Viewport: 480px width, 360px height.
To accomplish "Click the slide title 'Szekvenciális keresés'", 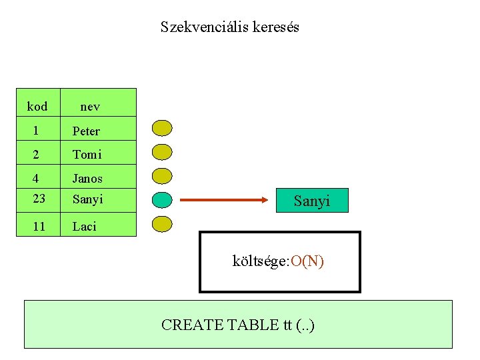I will click(230, 27).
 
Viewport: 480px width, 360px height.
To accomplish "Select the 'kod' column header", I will click(37, 106).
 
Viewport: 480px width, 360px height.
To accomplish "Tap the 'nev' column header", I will click(90, 106).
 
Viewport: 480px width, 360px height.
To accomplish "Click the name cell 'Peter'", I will click(86, 131).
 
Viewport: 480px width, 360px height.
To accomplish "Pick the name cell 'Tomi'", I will click(87, 155).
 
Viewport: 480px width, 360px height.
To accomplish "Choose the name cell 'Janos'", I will click(87, 179).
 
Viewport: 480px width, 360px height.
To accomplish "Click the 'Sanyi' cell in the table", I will click(87, 199).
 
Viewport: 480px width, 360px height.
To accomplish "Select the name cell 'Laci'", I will click(85, 226).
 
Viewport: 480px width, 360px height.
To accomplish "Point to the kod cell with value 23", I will click(39, 199).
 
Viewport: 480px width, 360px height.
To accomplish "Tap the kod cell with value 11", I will click(39, 226).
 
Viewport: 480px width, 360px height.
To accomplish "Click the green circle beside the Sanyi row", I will click(162, 199).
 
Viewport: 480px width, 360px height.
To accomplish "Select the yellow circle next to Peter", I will click(162, 128).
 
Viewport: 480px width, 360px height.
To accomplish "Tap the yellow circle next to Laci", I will click(162, 224).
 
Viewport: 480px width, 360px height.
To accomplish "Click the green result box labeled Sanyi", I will click(312, 200).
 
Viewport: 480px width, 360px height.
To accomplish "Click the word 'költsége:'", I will click(260, 261).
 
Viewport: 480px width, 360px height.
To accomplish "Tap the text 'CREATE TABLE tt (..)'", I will click(238, 325).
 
